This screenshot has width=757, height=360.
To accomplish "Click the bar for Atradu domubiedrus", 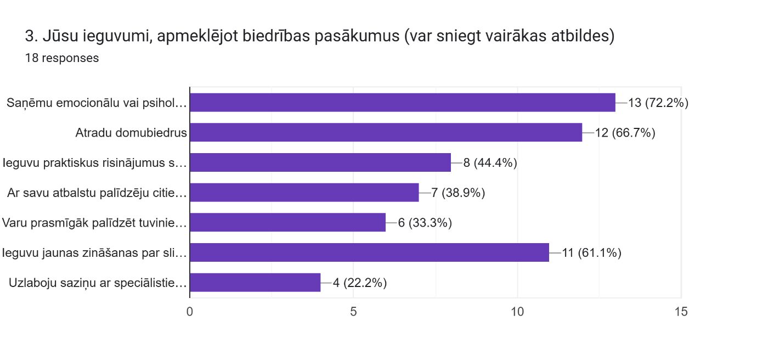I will point(386,132).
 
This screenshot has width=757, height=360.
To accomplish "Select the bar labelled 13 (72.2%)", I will point(403,103).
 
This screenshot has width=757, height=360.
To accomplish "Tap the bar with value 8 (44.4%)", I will point(320,162).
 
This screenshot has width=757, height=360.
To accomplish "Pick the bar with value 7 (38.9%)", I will point(304,193).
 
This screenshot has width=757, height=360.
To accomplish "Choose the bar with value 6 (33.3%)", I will point(287,222).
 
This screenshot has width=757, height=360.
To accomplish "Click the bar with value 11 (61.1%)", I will point(369,252).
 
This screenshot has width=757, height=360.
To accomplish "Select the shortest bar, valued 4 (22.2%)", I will point(255,283).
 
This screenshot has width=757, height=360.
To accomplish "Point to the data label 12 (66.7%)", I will point(625,133).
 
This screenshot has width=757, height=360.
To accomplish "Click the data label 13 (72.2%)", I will point(658,103).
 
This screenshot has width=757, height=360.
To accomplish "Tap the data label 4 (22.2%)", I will point(360,283).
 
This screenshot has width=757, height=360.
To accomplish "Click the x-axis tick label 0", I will point(190,312).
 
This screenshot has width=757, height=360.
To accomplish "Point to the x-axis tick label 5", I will point(353,312).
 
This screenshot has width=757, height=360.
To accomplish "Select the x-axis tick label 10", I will point(517,312).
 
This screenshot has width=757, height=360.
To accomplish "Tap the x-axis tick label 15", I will point(681,312).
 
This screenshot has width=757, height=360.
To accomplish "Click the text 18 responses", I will point(62,58).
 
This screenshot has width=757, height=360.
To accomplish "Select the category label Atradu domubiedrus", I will point(131,133).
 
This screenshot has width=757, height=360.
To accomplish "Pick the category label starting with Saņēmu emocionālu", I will point(97,103).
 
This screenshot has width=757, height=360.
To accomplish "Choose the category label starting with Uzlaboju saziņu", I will point(98,283).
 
